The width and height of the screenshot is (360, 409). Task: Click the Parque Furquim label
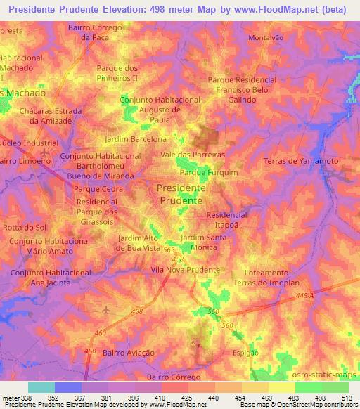tap(209, 172)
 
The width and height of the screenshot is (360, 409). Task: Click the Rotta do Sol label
tap(25, 227)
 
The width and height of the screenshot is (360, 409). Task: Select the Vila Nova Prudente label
tap(186, 270)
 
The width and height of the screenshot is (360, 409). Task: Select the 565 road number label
tap(169, 249)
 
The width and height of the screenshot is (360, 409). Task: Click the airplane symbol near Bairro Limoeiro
tap(46, 151)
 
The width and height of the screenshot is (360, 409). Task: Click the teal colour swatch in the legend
tap(41, 387)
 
